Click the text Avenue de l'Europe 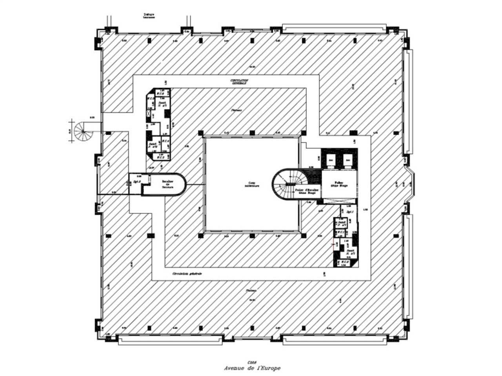coord(252,368)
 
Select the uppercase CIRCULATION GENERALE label coord(240,81)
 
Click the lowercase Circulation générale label coord(187,274)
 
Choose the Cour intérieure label coord(251,184)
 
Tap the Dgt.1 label coord(349,212)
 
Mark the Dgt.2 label coord(137,182)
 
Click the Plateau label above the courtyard coord(236,110)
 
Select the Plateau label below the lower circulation coord(251,291)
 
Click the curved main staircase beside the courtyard coord(287,184)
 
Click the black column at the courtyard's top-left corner coord(201,133)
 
